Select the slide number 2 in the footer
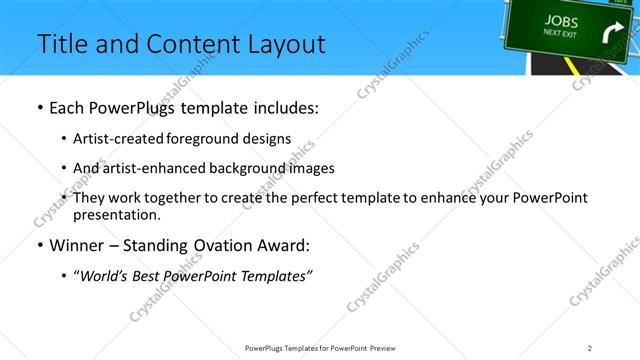pyautogui.click(x=590, y=348)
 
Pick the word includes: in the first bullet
pyautogui.click(x=279, y=108)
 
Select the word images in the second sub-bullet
pyautogui.click(x=312, y=168)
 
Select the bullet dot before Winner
pyautogui.click(x=40, y=245)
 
